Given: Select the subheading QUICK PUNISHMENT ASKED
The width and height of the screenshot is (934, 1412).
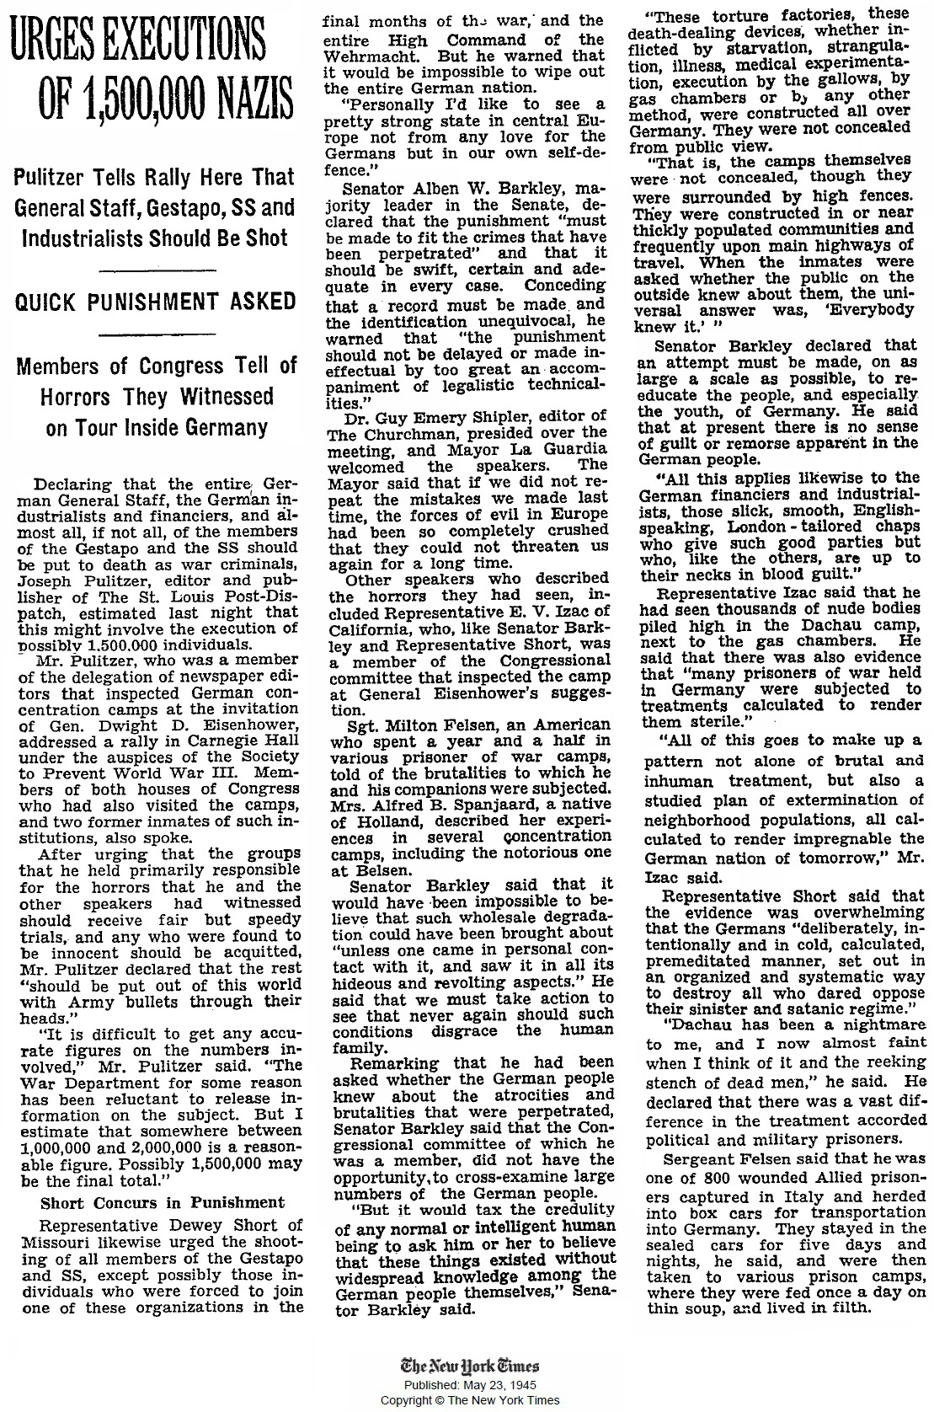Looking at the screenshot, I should tap(156, 302).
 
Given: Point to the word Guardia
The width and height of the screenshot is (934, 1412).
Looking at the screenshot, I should tap(569, 449).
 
